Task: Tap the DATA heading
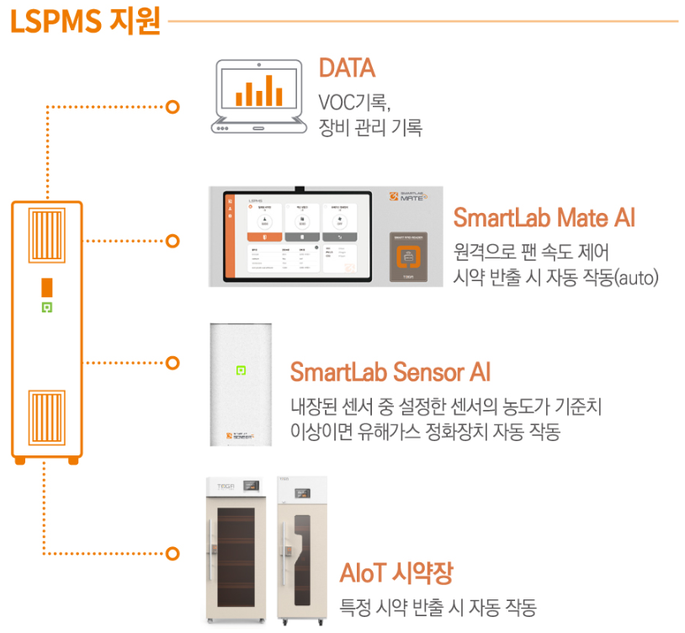(x=347, y=67)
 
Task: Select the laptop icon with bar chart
(x=257, y=97)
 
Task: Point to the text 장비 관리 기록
(x=369, y=128)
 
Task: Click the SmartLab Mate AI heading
(x=544, y=218)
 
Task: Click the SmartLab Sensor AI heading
(x=390, y=371)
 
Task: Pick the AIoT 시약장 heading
(x=396, y=574)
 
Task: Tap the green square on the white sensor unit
(x=241, y=369)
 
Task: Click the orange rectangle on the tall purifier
(x=47, y=285)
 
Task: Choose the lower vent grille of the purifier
(x=47, y=422)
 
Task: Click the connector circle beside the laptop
(x=173, y=107)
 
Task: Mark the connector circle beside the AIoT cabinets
(x=173, y=554)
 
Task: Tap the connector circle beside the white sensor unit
(x=173, y=363)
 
